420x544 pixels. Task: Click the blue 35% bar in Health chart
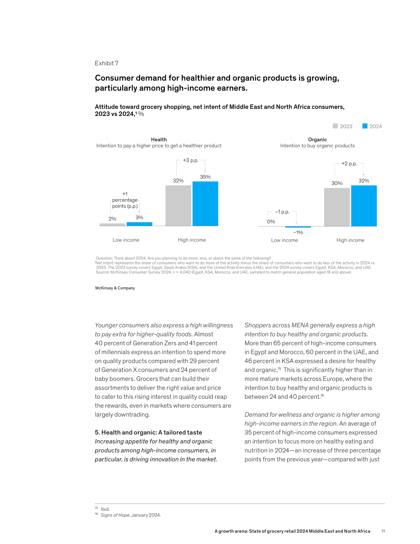pos(205,204)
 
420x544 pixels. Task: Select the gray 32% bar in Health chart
pos(178,206)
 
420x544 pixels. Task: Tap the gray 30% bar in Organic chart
pos(337,207)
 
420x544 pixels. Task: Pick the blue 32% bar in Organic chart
pos(364,206)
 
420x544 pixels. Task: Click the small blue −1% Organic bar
pos(298,227)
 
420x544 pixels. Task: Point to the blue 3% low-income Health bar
pos(139,224)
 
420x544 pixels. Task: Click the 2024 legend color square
pos(365,126)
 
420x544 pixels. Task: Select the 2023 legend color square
pos(336,126)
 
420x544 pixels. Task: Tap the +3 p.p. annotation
pos(191,160)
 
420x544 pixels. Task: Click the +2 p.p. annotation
pos(349,164)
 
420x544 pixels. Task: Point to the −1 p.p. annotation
pos(282,211)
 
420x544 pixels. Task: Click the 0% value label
pos(271,222)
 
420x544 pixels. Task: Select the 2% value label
pos(112,219)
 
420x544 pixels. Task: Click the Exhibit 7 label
pos(106,63)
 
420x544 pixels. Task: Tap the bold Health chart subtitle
pos(159,139)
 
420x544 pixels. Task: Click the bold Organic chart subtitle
pos(317,139)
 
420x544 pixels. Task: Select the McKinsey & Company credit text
pos(115,288)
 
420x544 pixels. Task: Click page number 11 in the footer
pos(383,531)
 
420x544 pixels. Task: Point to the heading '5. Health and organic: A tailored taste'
pos(148,432)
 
